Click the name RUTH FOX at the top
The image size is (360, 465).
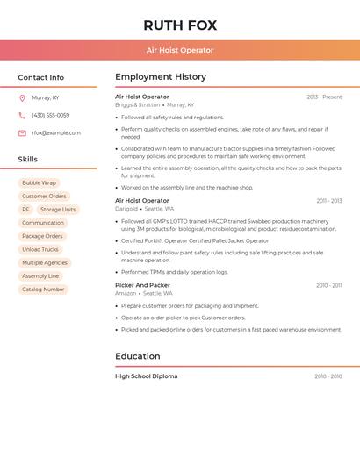pyautogui.click(x=180, y=25)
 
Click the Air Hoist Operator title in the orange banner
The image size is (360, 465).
pyautogui.click(x=180, y=50)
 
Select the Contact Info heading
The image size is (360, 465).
pyautogui.click(x=41, y=77)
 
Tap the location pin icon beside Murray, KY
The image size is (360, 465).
pyautogui.click(x=22, y=98)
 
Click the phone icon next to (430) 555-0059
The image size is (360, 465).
pyautogui.click(x=22, y=116)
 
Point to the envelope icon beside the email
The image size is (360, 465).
pyautogui.click(x=22, y=133)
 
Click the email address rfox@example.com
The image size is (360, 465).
pyautogui.click(x=56, y=133)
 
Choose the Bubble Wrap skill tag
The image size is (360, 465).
pyautogui.click(x=39, y=183)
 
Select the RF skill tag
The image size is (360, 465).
pyautogui.click(x=25, y=210)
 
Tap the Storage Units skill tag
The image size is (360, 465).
pyautogui.click(x=58, y=210)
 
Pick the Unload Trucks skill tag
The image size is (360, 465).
pyautogui.click(x=40, y=249)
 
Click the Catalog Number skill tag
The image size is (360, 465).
pyautogui.click(x=43, y=289)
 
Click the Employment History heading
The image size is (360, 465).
pyautogui.click(x=161, y=77)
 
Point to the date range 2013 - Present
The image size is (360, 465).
pyautogui.click(x=324, y=97)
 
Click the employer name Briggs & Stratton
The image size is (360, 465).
pyautogui.click(x=138, y=104)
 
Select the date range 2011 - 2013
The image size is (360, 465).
pyautogui.click(x=329, y=201)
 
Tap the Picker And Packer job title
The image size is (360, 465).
pyautogui.click(x=142, y=285)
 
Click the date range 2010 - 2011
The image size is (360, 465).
pyautogui.click(x=329, y=285)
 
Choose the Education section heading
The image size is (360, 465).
pyautogui.click(x=138, y=356)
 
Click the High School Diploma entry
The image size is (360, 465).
pyautogui.click(x=146, y=376)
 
